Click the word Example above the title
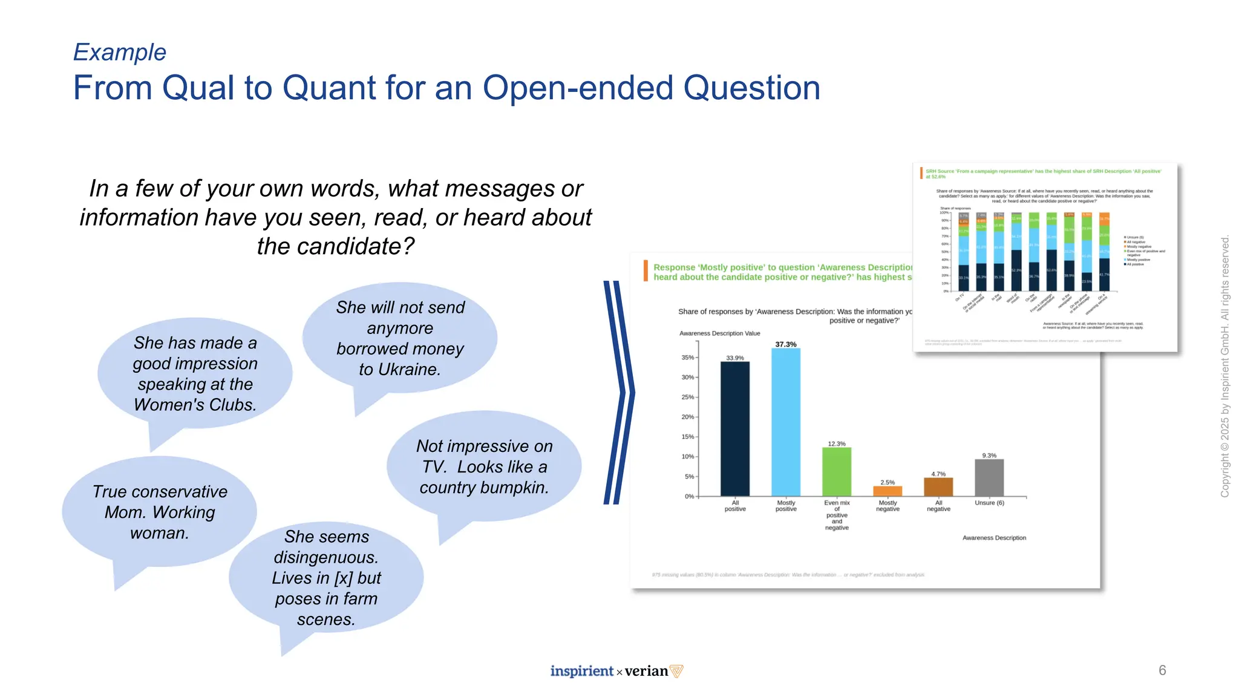pos(120,53)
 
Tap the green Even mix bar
pos(837,471)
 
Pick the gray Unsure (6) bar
pos(989,477)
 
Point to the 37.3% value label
pos(785,344)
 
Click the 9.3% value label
pos(989,456)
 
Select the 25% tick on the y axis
pos(688,397)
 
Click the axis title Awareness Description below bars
pos(994,538)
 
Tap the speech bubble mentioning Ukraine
pos(400,338)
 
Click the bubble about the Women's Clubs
pos(195,373)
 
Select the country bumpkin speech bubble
pos(484,466)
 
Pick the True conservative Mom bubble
pos(160,512)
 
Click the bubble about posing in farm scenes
pos(326,578)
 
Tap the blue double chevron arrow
pos(619,393)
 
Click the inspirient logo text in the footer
pos(581,671)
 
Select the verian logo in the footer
pos(652,671)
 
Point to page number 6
pos(1162,670)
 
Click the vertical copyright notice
pos(1224,366)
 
